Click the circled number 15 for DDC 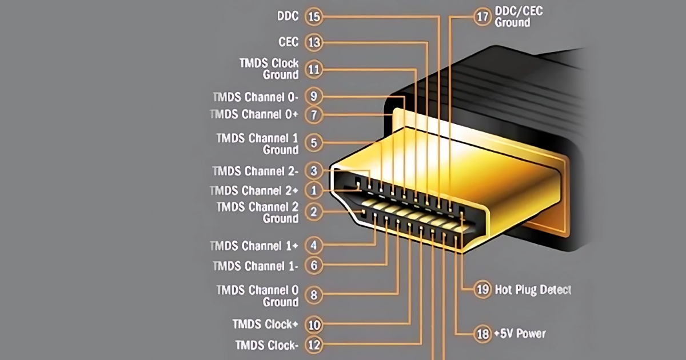coord(314,17)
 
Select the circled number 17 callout coord(483,17)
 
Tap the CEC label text coord(288,42)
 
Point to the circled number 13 coord(314,42)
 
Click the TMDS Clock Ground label coord(269,69)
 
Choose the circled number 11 coord(314,70)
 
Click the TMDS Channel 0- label coord(254,96)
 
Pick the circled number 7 coord(314,115)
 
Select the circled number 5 coord(314,142)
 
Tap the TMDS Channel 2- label coord(256,171)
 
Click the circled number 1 coord(314,190)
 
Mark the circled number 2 coord(314,213)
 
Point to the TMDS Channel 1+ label coord(254,246)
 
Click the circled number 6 coord(314,265)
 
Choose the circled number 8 coord(314,295)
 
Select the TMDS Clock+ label coord(265,325)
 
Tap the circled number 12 coord(314,345)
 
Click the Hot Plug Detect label coord(533,290)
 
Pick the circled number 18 coord(483,334)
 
